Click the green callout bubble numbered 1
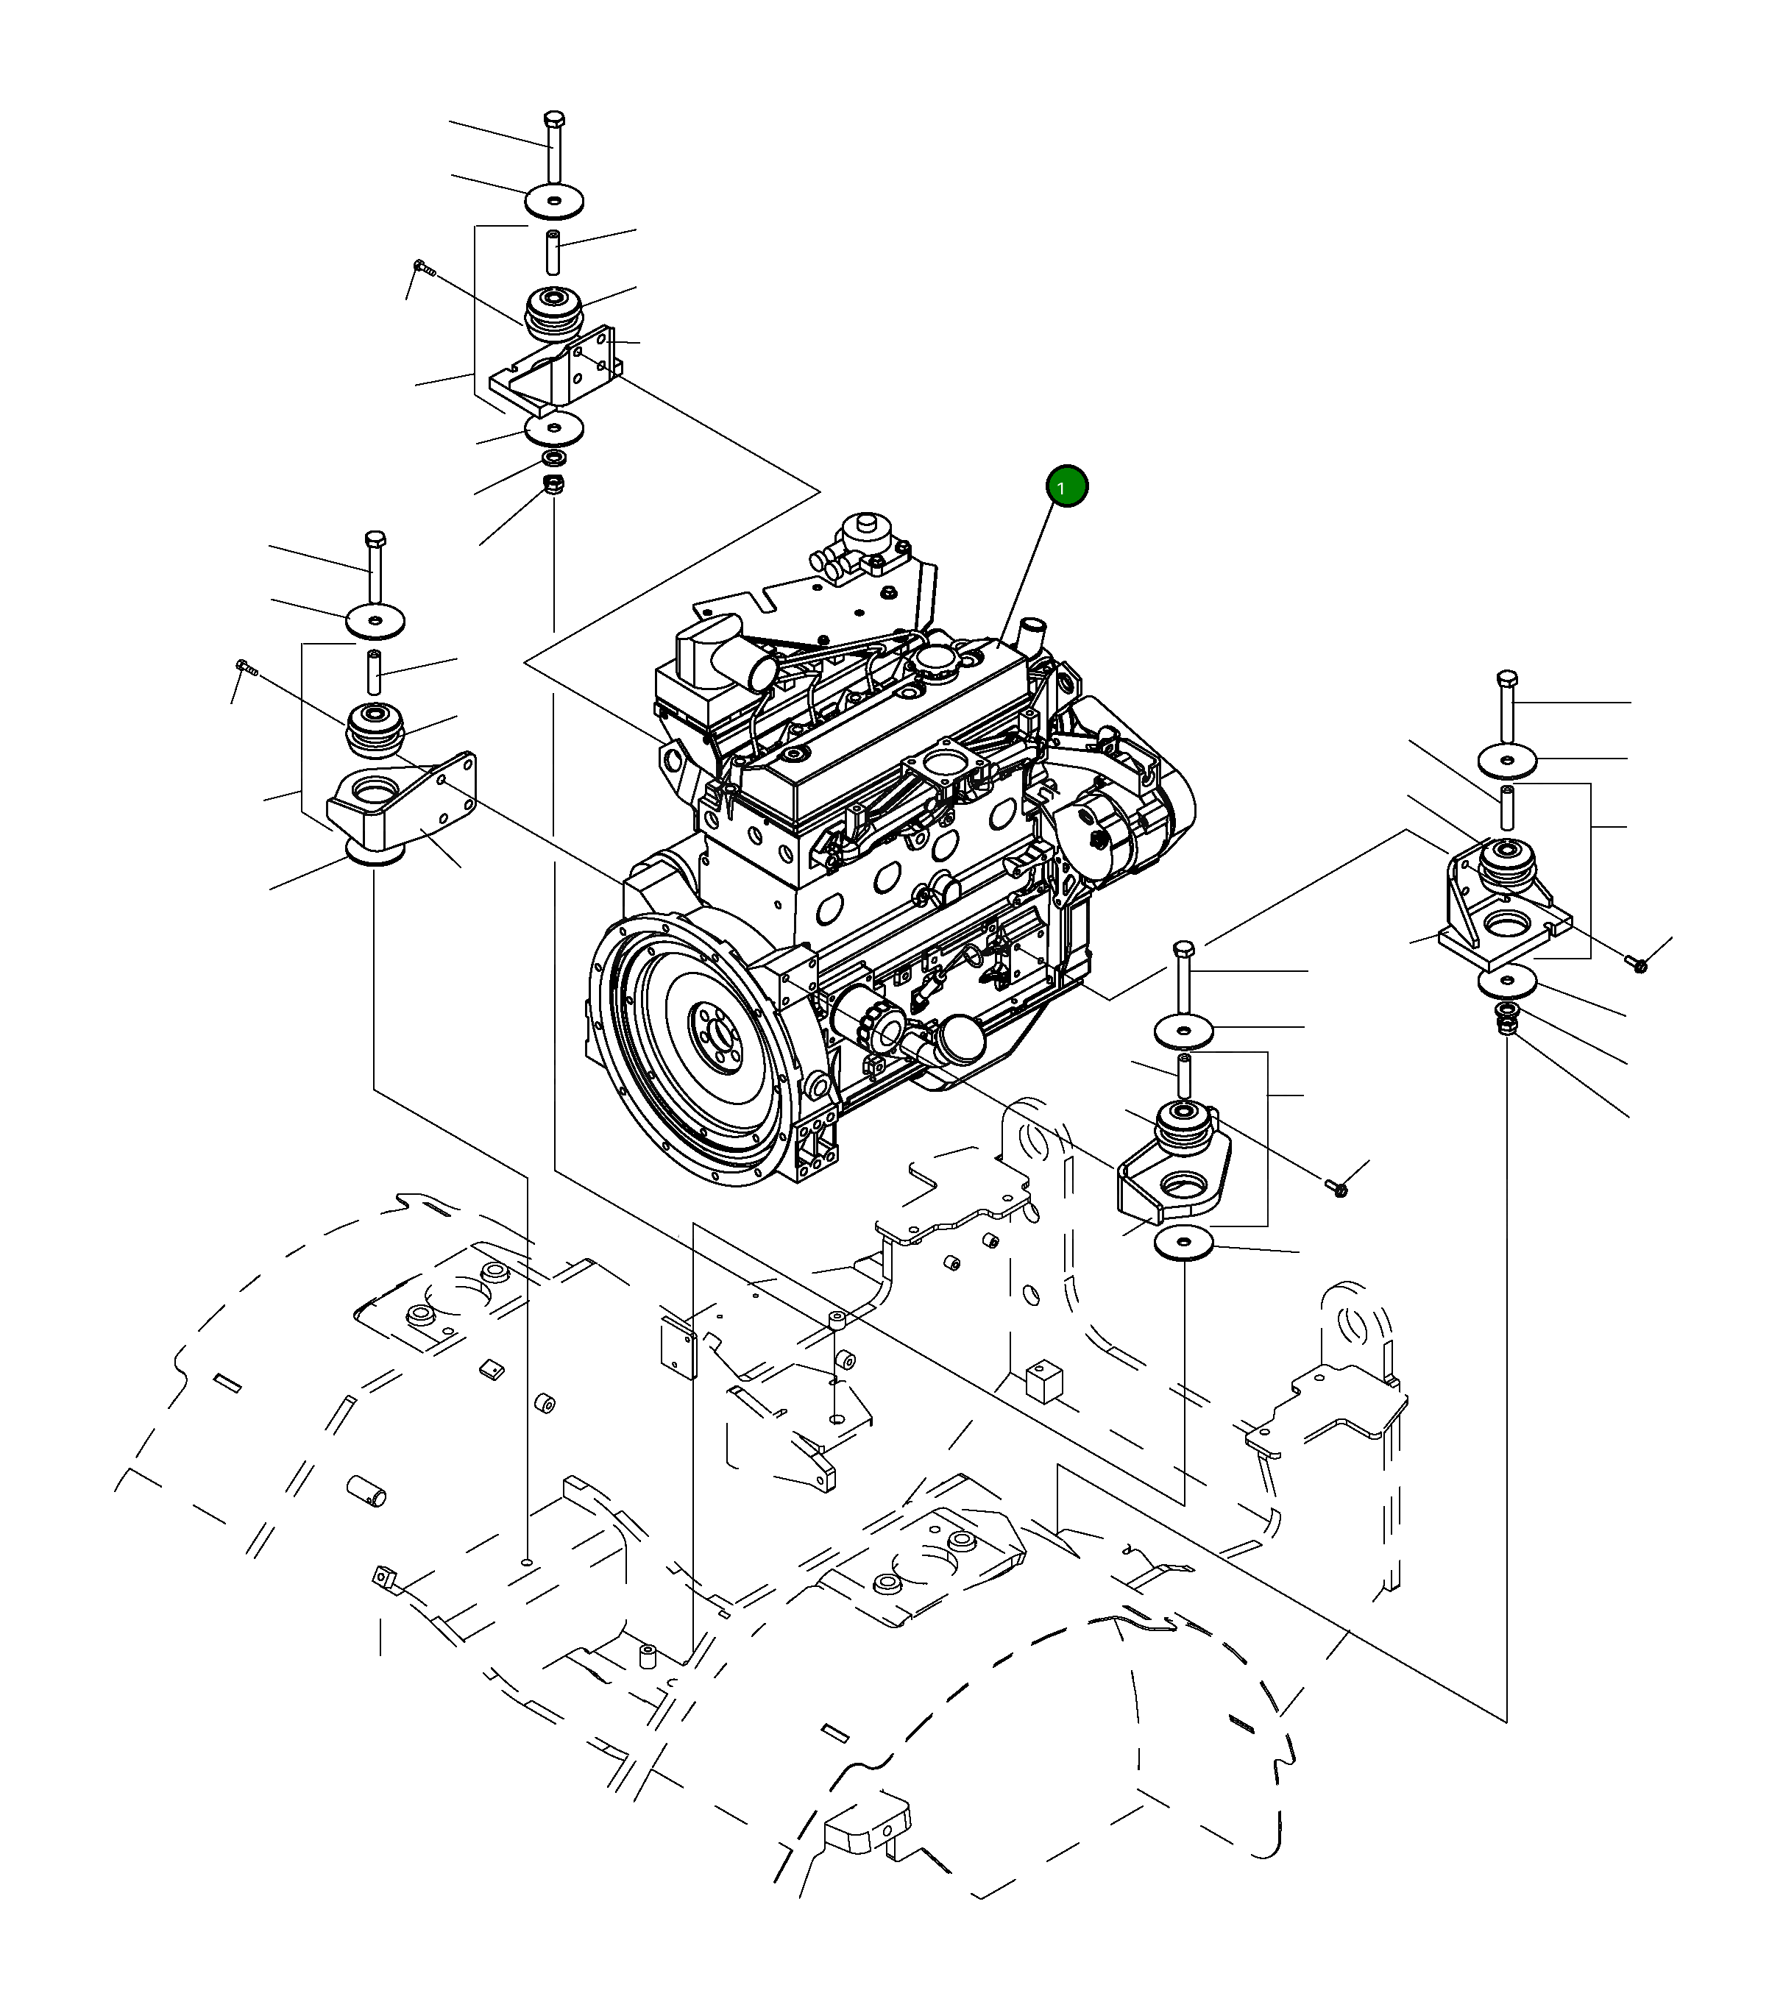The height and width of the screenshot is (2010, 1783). coord(1067,487)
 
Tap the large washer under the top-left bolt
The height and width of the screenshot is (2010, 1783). coord(553,202)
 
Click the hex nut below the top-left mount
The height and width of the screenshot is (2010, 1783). coord(553,484)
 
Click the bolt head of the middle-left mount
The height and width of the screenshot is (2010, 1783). coord(375,540)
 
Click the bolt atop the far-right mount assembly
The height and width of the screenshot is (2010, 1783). coord(1506,681)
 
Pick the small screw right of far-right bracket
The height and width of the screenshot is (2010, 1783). coord(1637,965)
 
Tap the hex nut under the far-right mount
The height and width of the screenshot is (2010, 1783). coord(1506,1026)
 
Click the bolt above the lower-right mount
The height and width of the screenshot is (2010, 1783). coord(1183,951)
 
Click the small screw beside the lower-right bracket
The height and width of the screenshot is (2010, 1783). coord(1338,1189)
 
